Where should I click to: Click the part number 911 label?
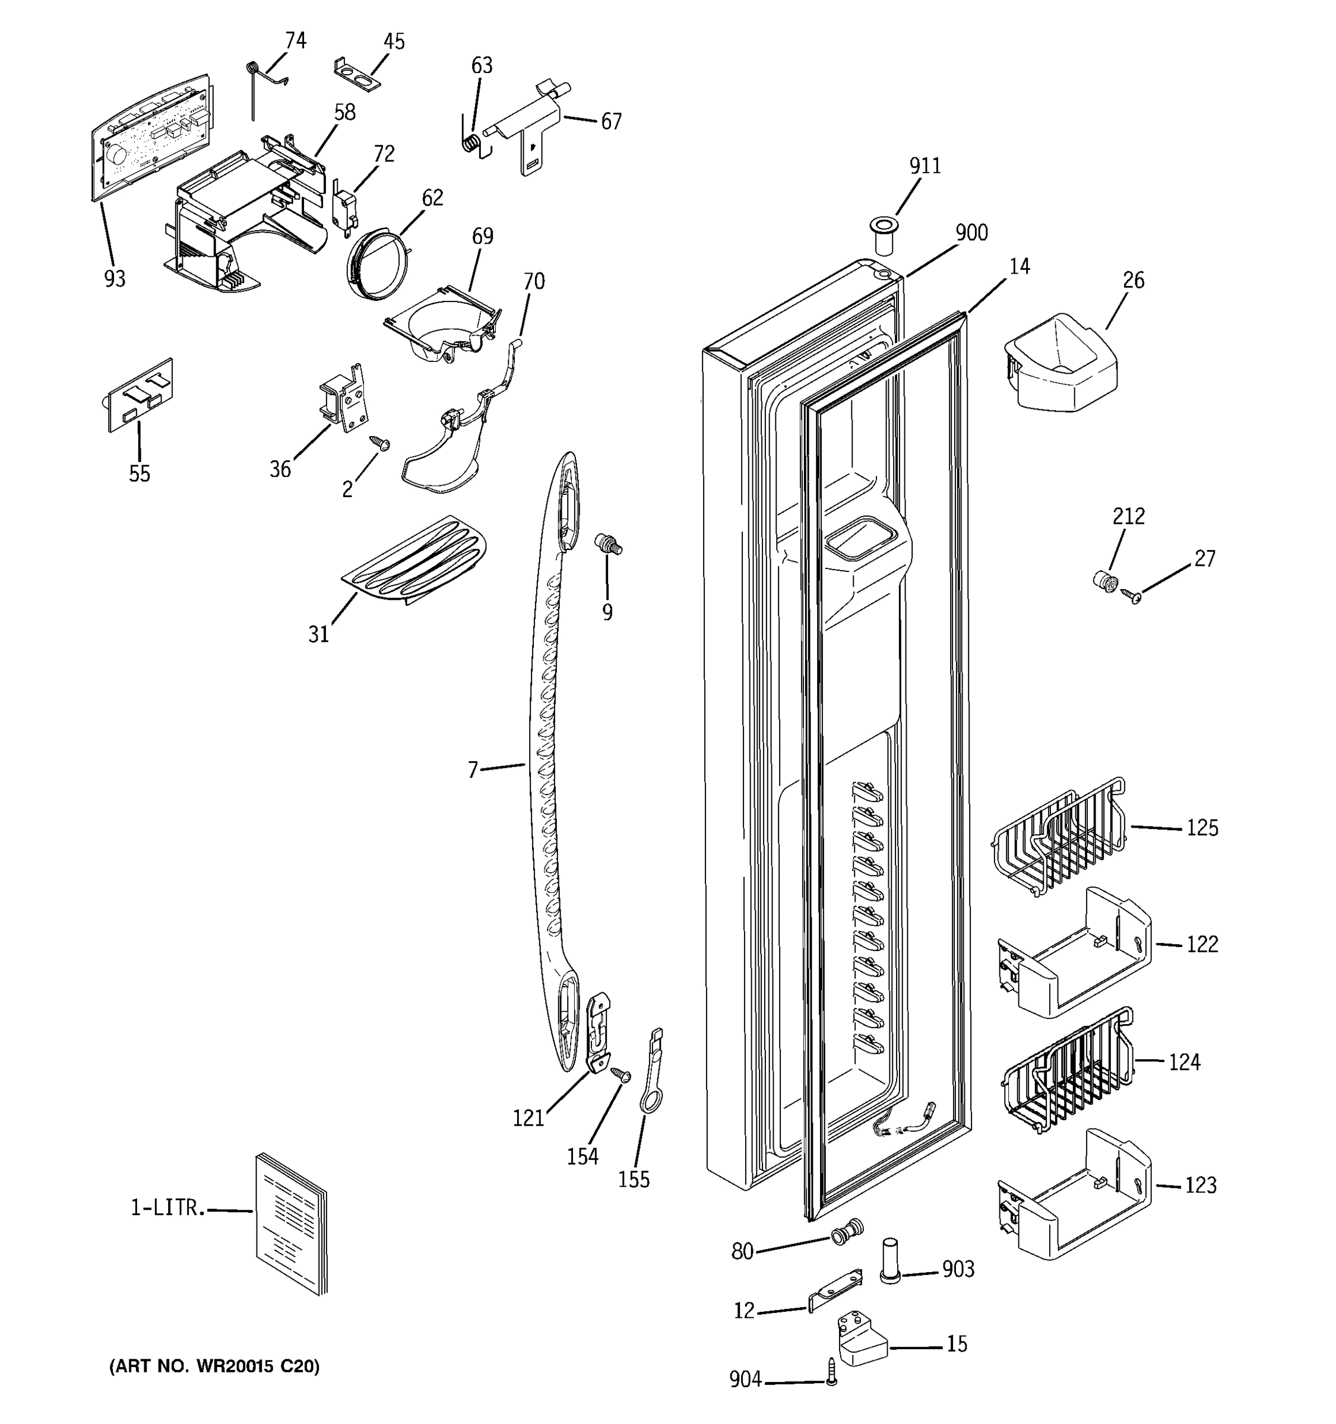pos(925,166)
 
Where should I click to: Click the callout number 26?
pos(1133,280)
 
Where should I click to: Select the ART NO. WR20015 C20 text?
pos(214,1366)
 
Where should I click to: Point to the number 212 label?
pos(1128,516)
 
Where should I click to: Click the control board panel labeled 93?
pos(152,136)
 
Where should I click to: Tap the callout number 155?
pos(634,1179)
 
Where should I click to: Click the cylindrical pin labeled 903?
pos(889,1260)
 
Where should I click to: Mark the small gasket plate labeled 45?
pos(356,75)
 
